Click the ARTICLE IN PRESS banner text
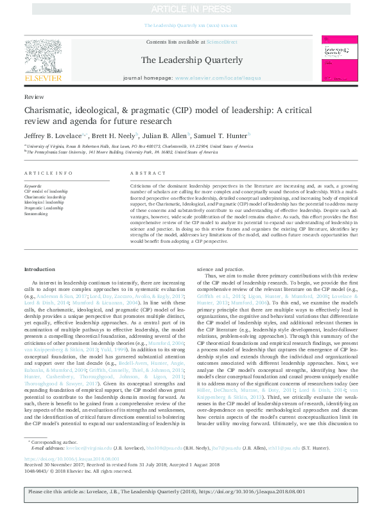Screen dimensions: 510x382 pos(191,10)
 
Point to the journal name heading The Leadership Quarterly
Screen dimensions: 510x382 pos(191,60)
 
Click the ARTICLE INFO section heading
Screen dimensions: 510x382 pos(44,174)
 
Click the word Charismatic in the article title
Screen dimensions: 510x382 pos(48,110)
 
